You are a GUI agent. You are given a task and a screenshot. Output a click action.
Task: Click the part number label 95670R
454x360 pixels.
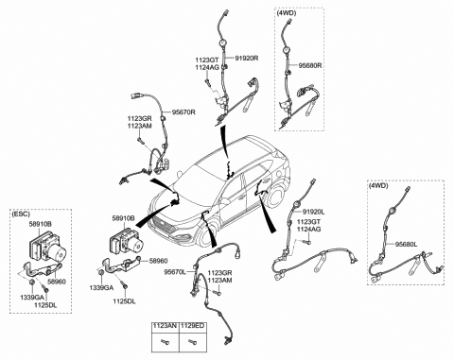183,112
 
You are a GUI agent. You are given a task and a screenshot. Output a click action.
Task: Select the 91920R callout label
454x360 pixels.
247,58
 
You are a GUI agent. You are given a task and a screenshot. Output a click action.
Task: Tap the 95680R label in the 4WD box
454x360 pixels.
310,65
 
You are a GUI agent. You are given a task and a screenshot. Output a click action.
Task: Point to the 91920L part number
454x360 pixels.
314,212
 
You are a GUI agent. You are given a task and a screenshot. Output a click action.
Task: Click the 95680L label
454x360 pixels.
407,244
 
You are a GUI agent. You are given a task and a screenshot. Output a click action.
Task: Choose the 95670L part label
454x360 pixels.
175,272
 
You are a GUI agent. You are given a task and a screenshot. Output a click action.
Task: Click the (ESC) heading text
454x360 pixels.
21,214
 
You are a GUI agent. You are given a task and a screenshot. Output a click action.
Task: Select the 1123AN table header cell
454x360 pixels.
165,326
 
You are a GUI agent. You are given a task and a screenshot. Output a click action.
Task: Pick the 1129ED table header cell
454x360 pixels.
192,326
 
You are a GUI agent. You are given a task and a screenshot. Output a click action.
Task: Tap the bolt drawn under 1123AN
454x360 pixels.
165,341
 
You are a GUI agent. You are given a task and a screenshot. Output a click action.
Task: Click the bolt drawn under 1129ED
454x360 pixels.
191,341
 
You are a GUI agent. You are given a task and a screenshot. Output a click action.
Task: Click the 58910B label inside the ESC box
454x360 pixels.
41,224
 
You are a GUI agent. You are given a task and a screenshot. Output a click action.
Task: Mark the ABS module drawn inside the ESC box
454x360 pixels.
48,247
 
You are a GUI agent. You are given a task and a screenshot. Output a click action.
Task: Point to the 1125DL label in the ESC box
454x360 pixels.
46,304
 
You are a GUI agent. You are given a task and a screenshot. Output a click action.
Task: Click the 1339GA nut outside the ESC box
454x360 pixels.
101,273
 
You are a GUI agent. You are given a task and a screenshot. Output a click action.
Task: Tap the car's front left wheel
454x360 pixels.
205,235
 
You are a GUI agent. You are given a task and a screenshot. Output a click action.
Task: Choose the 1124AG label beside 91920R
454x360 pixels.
206,67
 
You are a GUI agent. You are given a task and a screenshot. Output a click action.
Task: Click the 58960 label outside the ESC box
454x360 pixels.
158,261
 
